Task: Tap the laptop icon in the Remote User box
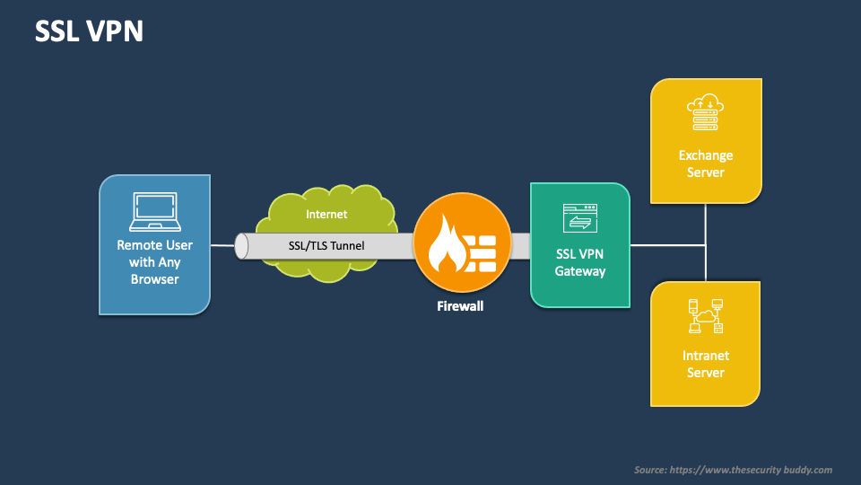pyautogui.click(x=154, y=212)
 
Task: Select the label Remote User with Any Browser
pyautogui.click(x=154, y=261)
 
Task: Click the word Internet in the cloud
pyautogui.click(x=326, y=215)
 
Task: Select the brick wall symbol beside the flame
pyautogui.click(x=482, y=248)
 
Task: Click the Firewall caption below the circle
pyautogui.click(x=459, y=306)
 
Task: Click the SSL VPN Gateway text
pyautogui.click(x=579, y=262)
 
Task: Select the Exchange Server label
pyautogui.click(x=705, y=163)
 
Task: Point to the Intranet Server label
pyautogui.click(x=705, y=364)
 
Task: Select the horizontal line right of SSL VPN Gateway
pyautogui.click(x=667, y=245)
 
